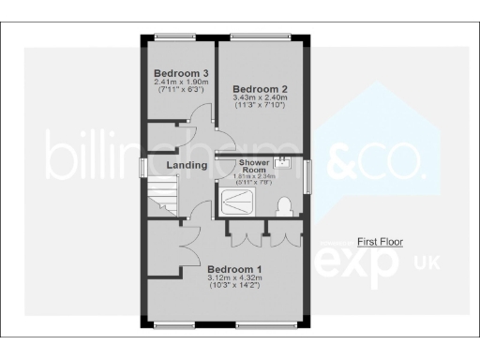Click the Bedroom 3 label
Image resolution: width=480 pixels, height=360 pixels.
coord(180,73)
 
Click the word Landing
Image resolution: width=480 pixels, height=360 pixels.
coord(187,167)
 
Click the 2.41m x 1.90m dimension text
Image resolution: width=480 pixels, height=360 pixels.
coord(180,82)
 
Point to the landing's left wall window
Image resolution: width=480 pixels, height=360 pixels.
coord(142,166)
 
